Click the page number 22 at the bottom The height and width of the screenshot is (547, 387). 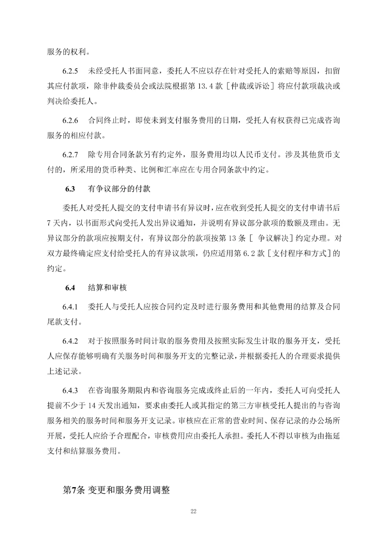[x=193, y=511]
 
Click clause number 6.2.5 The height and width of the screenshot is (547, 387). [x=70, y=71]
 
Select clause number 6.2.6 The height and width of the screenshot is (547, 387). [x=70, y=120]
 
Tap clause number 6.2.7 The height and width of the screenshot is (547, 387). [x=70, y=155]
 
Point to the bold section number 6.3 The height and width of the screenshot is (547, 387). [x=70, y=189]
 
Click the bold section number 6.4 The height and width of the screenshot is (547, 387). [x=70, y=288]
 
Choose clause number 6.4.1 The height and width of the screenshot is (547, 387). [x=70, y=307]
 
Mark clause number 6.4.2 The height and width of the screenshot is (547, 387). [x=70, y=341]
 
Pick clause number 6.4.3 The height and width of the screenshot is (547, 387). [x=70, y=390]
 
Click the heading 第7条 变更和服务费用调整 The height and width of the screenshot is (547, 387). [x=116, y=490]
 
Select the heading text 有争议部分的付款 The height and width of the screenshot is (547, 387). [x=119, y=189]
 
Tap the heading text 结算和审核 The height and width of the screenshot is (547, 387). [x=107, y=288]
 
